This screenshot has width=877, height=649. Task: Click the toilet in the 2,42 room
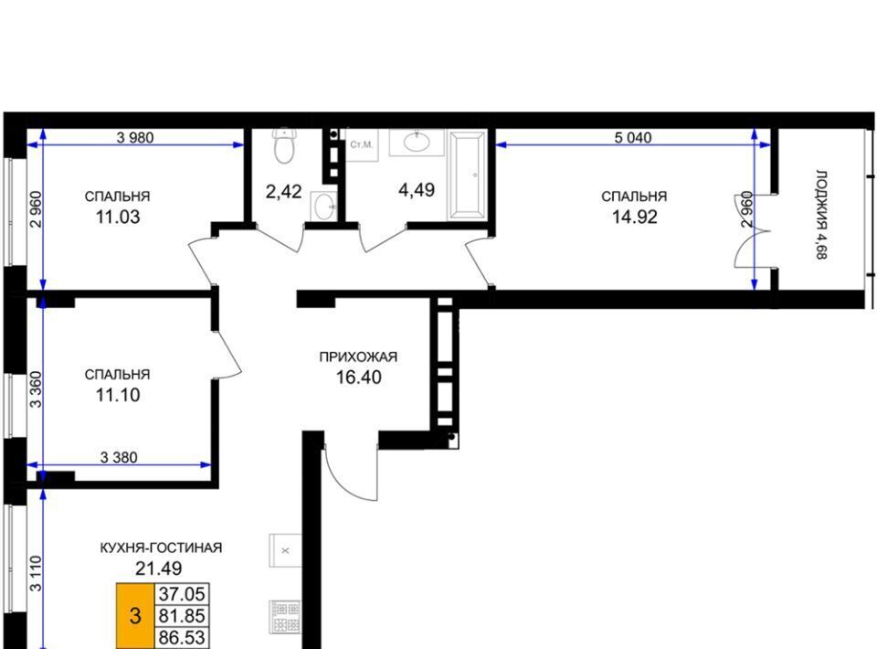pos(284,145)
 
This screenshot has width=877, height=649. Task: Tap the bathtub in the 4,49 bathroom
pos(467,174)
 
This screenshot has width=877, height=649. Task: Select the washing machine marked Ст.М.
pos(362,145)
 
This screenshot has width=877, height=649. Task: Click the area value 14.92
pos(634,217)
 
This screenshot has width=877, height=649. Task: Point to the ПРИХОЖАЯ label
pos(358,356)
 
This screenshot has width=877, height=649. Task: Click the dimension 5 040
pos(632,137)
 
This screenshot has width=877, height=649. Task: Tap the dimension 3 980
pos(135,137)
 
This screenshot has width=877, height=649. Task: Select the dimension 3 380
pos(119,458)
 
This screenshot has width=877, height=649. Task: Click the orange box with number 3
pos(135,616)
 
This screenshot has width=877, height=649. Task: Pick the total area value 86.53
pos(182,638)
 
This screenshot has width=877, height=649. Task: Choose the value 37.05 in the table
pos(182,593)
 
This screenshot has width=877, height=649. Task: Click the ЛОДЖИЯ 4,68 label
pos(821,215)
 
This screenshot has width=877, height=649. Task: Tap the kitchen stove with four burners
pos(286,616)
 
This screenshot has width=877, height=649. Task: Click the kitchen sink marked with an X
pos(286,550)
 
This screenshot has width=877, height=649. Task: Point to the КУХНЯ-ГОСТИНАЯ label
pos(161,548)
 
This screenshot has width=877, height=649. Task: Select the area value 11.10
pos(118,395)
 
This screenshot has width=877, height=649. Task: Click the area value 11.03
pos(118,217)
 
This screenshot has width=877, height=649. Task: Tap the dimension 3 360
pos(36,389)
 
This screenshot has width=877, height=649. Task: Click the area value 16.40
pos(358,378)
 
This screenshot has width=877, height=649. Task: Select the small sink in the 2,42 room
pos(324,207)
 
